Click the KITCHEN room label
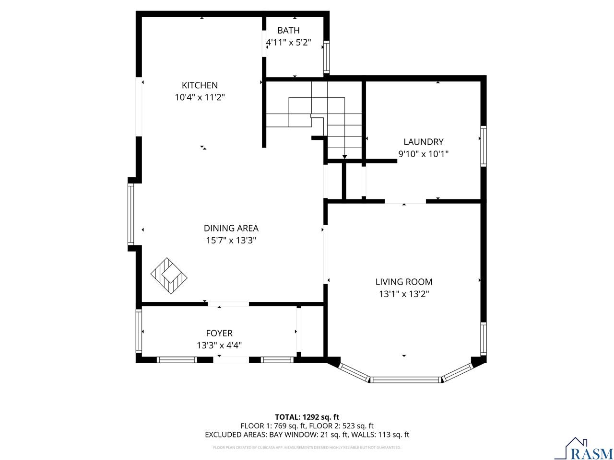pyautogui.click(x=200, y=85)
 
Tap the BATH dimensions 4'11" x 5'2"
pyautogui.click(x=288, y=42)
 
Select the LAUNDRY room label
pyautogui.click(x=423, y=142)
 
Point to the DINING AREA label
pyautogui.click(x=231, y=229)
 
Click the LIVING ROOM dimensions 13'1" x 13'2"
pyautogui.click(x=403, y=294)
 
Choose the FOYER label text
pyautogui.click(x=219, y=333)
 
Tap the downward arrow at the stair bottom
pyautogui.click(x=344, y=156)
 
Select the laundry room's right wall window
pyautogui.click(x=484, y=146)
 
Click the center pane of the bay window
pyautogui.click(x=405, y=379)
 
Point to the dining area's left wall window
pyautogui.click(x=130, y=214)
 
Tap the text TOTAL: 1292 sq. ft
pyautogui.click(x=307, y=417)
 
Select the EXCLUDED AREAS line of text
pyautogui.click(x=307, y=435)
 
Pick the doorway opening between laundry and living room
pyautogui.click(x=405, y=202)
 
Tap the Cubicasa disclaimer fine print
pyautogui.click(x=307, y=448)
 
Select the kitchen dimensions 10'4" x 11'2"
pyautogui.click(x=200, y=97)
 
